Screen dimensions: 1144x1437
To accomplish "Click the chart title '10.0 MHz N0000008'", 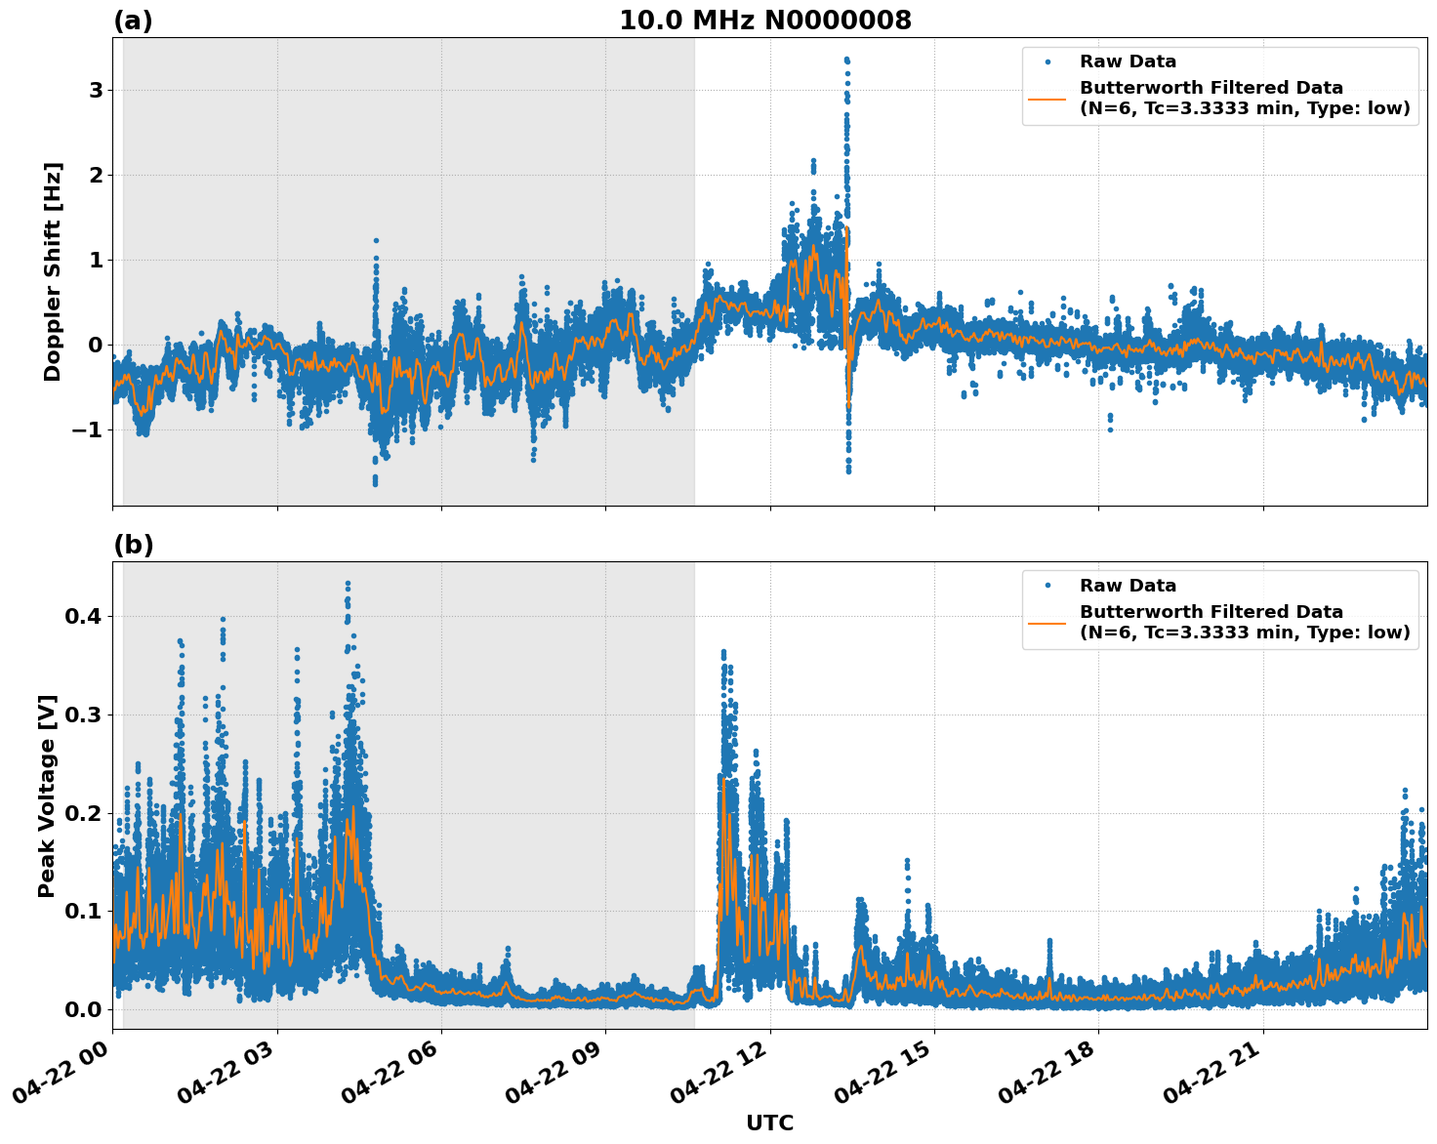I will [x=764, y=20].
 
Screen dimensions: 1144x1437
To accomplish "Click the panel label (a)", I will [x=133, y=20].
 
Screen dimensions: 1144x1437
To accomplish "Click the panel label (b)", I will [x=133, y=545].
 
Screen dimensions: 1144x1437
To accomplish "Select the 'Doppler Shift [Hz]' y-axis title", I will [x=53, y=271].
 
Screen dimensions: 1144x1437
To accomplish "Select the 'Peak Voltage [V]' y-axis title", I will [x=47, y=796].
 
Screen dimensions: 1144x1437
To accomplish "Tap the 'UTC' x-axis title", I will [x=769, y=1123].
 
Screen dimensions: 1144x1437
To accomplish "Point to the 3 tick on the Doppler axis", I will [x=96, y=90].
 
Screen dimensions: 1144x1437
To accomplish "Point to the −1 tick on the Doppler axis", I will [x=89, y=429].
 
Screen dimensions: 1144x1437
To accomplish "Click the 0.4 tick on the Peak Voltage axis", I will [x=84, y=616].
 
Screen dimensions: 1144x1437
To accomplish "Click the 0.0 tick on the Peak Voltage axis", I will [x=84, y=1009].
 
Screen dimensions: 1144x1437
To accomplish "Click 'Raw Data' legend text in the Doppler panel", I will [x=1128, y=62].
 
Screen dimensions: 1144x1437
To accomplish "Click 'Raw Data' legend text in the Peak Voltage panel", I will [x=1128, y=586].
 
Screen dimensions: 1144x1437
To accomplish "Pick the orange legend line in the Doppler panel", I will [x=1047, y=99].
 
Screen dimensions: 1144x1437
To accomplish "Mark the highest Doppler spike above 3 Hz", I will [x=846, y=60].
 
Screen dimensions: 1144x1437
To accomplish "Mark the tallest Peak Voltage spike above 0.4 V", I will [x=348, y=584].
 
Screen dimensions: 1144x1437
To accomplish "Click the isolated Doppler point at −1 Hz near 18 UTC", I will [x=1110, y=429].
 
